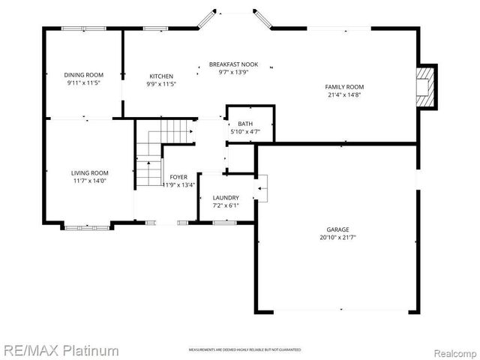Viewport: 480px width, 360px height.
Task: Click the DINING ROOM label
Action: coord(83,75)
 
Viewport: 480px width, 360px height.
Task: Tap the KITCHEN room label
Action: coord(161,76)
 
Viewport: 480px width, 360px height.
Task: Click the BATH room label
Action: coord(245,124)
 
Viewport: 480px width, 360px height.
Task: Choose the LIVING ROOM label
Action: coord(90,172)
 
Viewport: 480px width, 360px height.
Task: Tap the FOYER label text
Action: coord(178,177)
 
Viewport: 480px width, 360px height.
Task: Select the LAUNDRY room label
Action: coord(225,197)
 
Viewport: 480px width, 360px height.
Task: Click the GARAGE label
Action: coord(337,229)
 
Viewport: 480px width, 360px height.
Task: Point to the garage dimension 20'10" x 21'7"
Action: coord(337,238)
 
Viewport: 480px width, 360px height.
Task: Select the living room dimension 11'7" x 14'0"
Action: coord(90,181)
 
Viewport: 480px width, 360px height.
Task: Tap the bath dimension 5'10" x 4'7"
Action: coord(245,132)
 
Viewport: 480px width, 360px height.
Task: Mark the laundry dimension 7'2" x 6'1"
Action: coord(225,205)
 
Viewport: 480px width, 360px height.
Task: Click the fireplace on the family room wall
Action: coord(426,86)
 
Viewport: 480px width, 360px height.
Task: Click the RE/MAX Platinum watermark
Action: coord(60,350)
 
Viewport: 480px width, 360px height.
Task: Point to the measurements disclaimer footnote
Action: coord(244,350)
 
